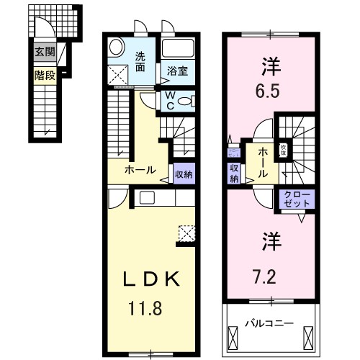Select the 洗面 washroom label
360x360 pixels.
point(140,62)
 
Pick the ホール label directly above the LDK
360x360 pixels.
point(140,170)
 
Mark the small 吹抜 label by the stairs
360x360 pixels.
point(284,150)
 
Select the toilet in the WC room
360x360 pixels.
point(184,101)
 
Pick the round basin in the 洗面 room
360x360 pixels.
point(117,48)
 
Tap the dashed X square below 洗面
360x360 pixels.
point(115,75)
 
